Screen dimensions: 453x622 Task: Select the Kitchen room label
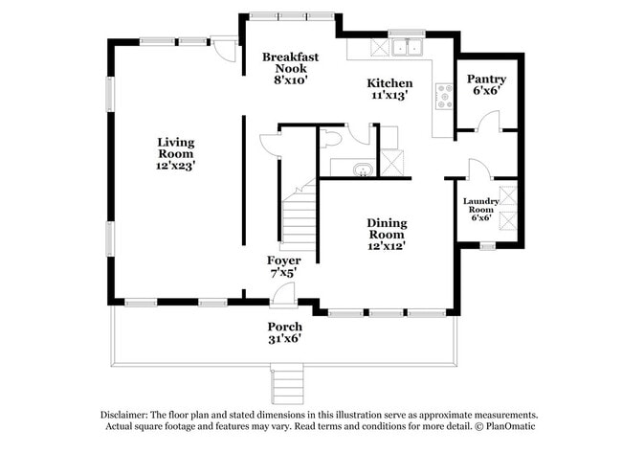[x=391, y=83]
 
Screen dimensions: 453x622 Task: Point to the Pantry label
[x=486, y=79]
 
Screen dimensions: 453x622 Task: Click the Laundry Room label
[x=480, y=205]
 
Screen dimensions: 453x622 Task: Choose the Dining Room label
[x=386, y=229]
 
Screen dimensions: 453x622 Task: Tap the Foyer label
[x=283, y=260]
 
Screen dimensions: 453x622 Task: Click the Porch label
[x=284, y=328]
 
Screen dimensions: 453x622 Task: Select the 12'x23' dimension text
[x=176, y=166]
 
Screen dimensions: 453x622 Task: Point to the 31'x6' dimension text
[x=284, y=339]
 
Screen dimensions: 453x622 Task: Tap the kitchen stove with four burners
[x=444, y=96]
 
